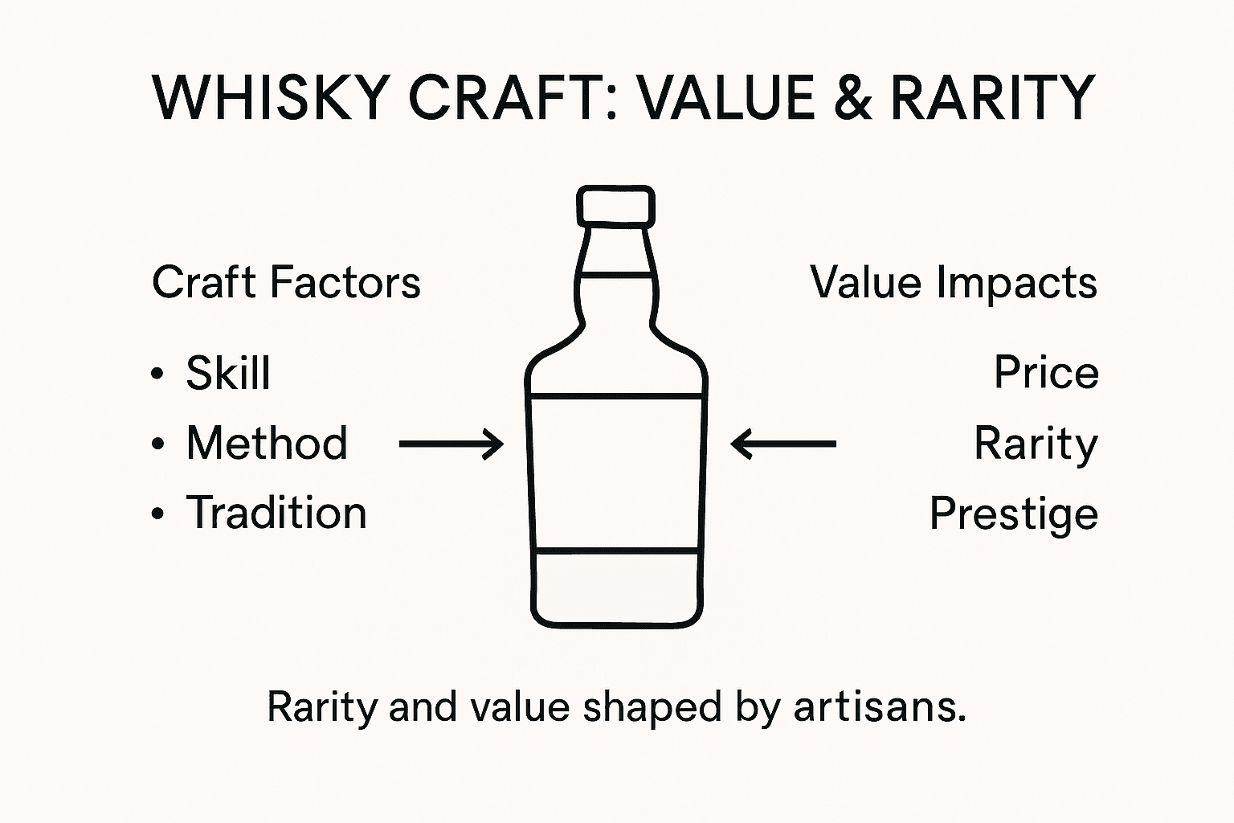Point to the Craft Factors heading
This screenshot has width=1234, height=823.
[x=286, y=283]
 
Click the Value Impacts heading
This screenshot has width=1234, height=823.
[x=954, y=283]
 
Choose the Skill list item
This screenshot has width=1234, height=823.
[x=228, y=373]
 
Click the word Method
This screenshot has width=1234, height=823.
[x=267, y=443]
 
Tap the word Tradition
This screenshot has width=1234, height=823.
[x=276, y=513]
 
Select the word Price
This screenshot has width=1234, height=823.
[x=1046, y=373]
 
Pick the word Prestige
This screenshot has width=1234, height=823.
[x=1014, y=514]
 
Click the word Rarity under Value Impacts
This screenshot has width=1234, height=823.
[x=1036, y=444]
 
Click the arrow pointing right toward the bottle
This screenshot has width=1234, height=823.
[x=452, y=443]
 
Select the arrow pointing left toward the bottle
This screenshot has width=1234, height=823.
[x=783, y=443]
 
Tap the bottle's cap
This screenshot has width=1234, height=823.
[x=615, y=205]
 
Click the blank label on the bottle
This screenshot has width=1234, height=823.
[x=616, y=472]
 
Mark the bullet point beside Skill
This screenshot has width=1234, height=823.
[x=157, y=374]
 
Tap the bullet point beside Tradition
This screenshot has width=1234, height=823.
[x=157, y=514]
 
